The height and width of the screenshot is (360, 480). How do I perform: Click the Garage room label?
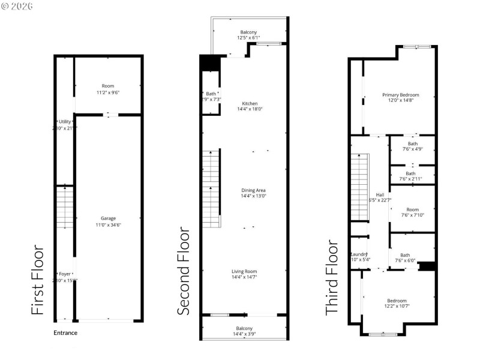(108, 218)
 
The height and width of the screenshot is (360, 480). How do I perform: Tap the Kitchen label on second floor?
(249, 103)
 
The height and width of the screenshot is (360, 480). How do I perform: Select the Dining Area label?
(249, 190)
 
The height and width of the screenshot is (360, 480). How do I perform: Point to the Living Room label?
(249, 272)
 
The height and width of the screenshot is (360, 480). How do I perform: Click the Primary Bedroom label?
(400, 95)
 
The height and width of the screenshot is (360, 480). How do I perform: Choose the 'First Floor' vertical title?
(38, 279)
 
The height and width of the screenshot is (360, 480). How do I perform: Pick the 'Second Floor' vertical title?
(184, 271)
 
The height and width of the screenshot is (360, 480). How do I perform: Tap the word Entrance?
(65, 333)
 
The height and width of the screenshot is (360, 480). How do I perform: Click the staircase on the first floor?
(65, 207)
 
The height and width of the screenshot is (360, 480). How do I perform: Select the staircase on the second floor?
(211, 189)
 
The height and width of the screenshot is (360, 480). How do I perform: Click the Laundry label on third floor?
(359, 254)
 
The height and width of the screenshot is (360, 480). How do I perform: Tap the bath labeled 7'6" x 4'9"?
(413, 146)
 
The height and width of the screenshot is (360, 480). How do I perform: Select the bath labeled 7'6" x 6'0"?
(406, 257)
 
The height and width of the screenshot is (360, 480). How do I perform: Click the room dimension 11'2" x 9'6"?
(108, 93)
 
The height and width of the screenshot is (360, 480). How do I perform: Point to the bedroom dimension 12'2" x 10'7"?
(397, 306)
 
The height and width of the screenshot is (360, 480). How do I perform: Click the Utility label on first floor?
(65, 121)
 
